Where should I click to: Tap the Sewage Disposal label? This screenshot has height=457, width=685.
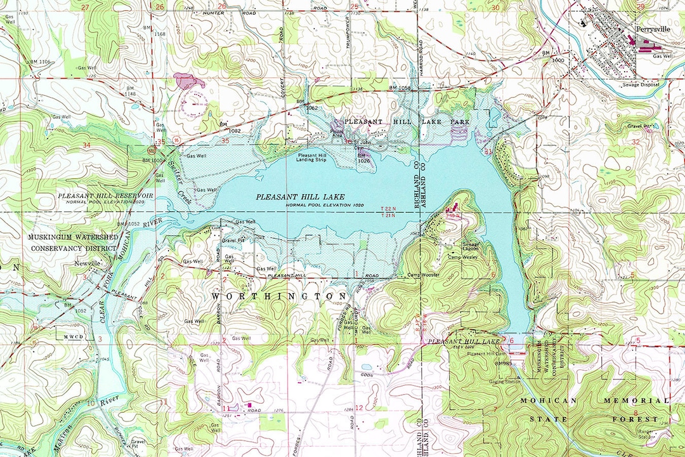click(641, 84)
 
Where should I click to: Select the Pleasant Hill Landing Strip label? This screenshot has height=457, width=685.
click(316, 157)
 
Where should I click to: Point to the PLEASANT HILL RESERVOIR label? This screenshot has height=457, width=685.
click(106, 195)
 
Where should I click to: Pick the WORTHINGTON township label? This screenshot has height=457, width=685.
click(279, 296)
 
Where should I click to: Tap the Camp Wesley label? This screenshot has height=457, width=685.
click(464, 257)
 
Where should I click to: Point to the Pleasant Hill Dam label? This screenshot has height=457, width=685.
click(485, 354)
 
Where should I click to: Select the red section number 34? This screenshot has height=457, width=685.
click(87, 145)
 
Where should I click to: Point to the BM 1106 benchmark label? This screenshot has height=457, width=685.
click(39, 62)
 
